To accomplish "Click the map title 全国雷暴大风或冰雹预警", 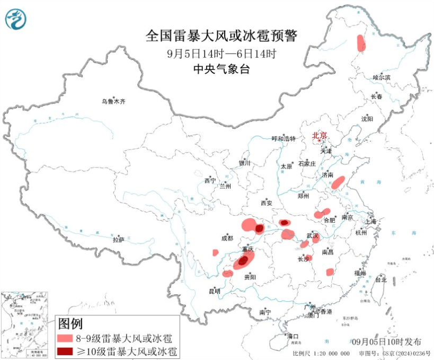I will tap(222, 37).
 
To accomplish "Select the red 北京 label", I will tap(320, 135).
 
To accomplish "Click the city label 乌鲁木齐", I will tap(114, 101).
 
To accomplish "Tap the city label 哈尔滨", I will tap(381, 77).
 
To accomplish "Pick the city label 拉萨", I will tap(118, 239).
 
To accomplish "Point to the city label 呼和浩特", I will tap(285, 139).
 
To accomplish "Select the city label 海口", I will tap(293, 336).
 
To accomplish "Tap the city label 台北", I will tap(381, 279).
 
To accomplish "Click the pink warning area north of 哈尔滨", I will tap(361, 42).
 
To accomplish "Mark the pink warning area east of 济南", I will tap(338, 183).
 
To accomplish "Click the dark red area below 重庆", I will tap(243, 260).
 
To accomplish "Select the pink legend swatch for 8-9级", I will tap(64, 337).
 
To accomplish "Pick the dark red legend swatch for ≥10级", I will tap(64, 351).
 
